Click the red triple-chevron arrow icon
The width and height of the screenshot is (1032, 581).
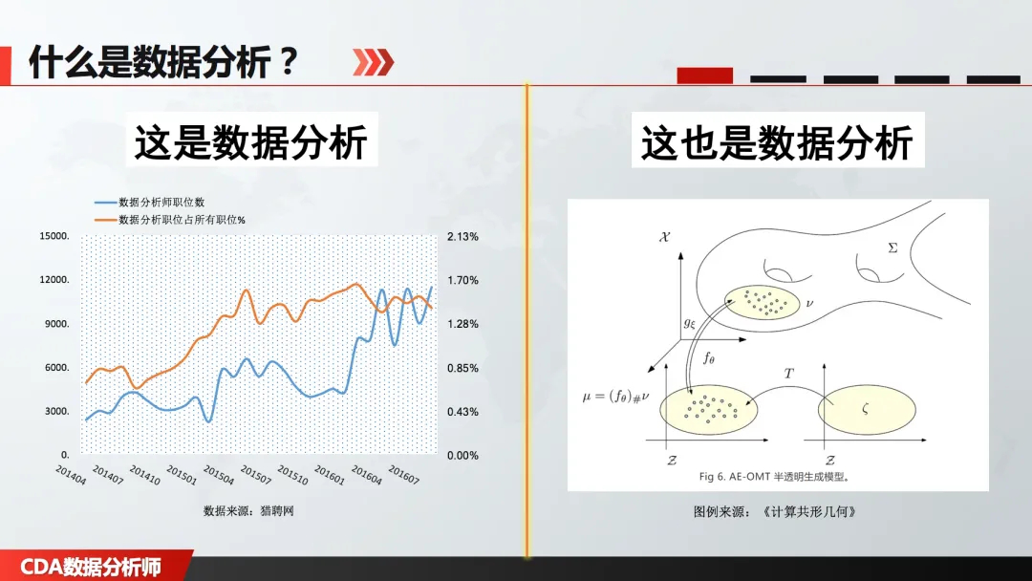(x=374, y=62)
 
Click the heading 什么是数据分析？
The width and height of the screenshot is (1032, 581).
(x=164, y=62)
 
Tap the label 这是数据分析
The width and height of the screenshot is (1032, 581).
(x=250, y=142)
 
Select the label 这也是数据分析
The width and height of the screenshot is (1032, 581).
(x=777, y=142)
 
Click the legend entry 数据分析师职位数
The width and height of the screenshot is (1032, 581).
(x=161, y=202)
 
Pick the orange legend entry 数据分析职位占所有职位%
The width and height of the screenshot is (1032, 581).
(x=182, y=220)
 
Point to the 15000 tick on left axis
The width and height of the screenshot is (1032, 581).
(x=54, y=236)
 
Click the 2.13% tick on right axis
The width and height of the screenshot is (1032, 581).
(x=462, y=237)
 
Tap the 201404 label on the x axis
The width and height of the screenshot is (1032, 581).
(x=71, y=475)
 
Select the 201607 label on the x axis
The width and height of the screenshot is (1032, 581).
(x=403, y=475)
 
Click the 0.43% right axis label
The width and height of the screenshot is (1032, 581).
(x=462, y=412)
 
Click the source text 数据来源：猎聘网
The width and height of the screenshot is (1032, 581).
(x=248, y=510)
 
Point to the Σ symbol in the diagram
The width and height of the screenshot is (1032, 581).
(x=892, y=248)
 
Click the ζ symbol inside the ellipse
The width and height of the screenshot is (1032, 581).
(x=866, y=409)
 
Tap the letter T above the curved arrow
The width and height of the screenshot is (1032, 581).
(x=788, y=374)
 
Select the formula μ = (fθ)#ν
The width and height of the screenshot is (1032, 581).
(x=616, y=397)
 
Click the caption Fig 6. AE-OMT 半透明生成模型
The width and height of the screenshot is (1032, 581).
(x=774, y=477)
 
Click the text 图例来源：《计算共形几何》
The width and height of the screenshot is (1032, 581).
(x=775, y=512)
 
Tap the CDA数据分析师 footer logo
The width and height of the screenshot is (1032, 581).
(x=91, y=568)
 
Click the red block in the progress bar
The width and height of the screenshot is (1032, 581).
(x=705, y=75)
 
